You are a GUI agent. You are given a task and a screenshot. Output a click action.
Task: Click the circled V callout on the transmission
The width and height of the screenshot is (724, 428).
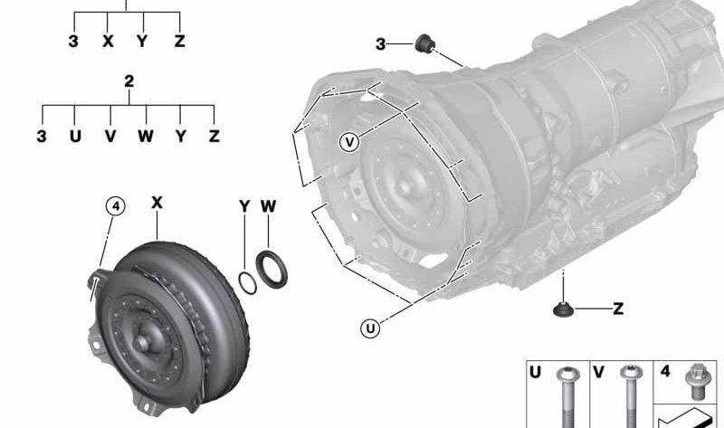pyautogui.click(x=349, y=142)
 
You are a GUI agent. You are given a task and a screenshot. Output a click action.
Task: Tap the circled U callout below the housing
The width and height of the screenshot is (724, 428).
pyautogui.click(x=370, y=328)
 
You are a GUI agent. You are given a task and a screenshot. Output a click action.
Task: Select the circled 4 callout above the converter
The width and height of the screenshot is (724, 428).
pyautogui.click(x=116, y=206)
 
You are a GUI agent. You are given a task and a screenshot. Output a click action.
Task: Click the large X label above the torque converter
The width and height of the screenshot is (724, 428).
pyautogui.click(x=157, y=203)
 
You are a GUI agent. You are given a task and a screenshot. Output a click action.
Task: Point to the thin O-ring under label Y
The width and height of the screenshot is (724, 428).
pyautogui.click(x=247, y=283)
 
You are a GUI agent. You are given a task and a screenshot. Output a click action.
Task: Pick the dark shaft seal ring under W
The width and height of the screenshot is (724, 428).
pyautogui.click(x=271, y=269)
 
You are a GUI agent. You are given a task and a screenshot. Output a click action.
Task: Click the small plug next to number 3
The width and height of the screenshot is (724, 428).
pyautogui.click(x=424, y=43)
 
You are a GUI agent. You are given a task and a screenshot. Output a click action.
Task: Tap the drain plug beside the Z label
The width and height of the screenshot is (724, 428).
pyautogui.click(x=563, y=309)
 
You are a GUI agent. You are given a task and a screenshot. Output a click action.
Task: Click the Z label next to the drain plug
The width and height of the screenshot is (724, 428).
pyautogui.click(x=618, y=309)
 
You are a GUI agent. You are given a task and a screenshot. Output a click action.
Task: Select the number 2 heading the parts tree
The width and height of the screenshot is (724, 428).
pyautogui.click(x=129, y=81)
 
